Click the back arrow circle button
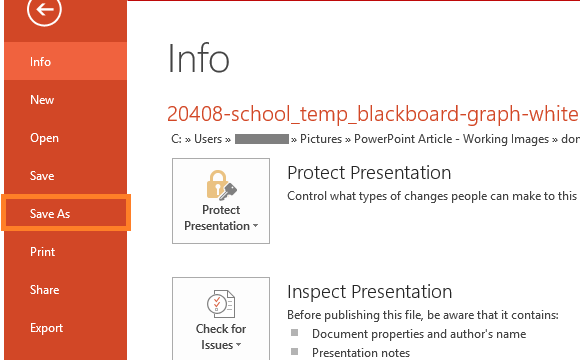pos(45,10)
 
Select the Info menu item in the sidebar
pos(40,62)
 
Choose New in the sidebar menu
pos(42,100)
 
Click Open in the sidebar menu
pos(44,138)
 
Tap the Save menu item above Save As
pos(42,176)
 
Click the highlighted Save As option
pos(50,214)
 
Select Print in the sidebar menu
pos(42,252)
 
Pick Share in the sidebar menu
pos(44,290)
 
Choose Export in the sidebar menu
pos(46,328)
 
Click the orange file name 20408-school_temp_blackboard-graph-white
pos(372,113)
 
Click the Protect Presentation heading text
pos(369,173)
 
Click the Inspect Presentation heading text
pos(369,292)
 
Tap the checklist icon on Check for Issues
pos(220,303)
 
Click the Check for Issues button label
pos(220,336)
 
